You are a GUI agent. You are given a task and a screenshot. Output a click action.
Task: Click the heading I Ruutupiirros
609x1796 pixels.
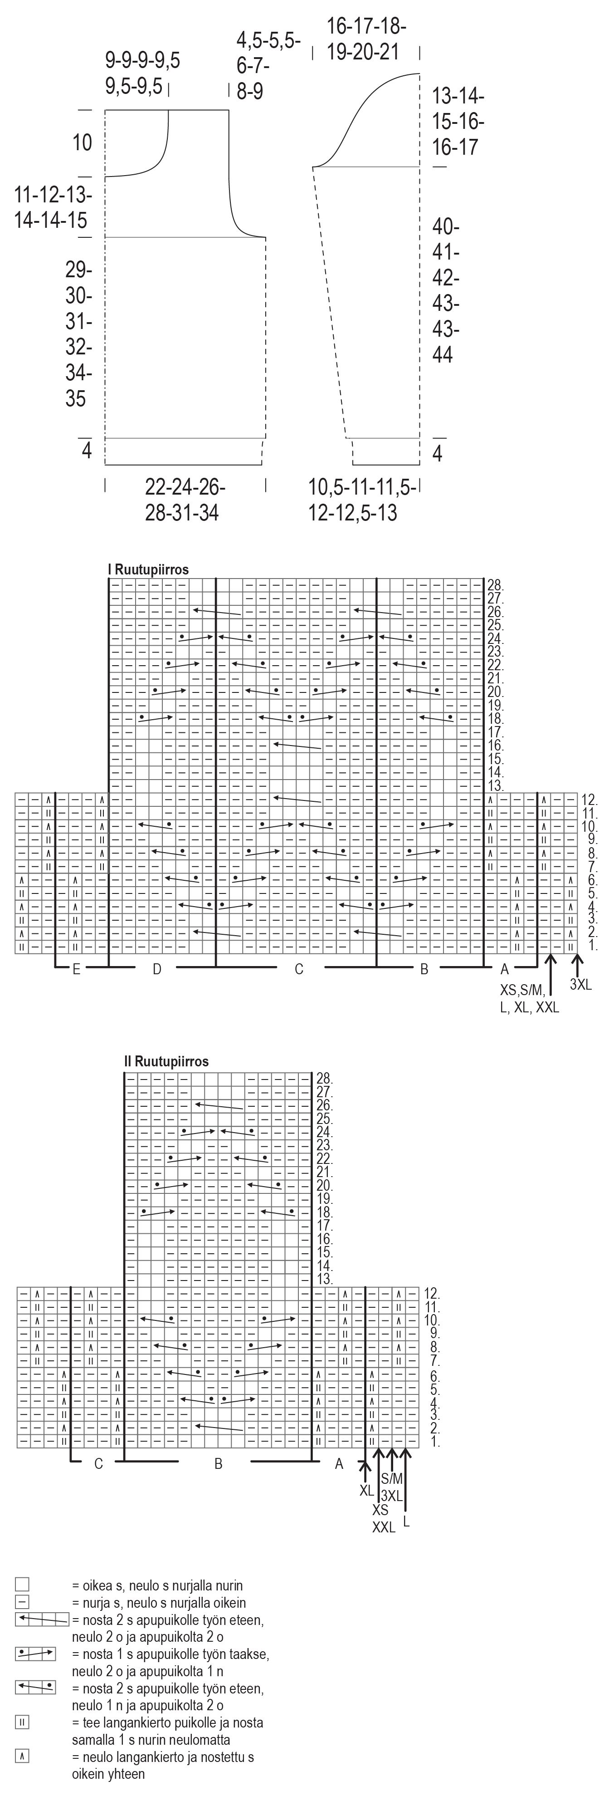(x=148, y=569)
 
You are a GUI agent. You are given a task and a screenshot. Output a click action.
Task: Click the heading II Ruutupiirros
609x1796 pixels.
(x=166, y=1061)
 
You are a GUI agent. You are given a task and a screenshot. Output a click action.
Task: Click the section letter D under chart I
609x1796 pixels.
(x=157, y=969)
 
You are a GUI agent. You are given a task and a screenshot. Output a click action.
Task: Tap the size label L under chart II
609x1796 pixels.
(x=406, y=1521)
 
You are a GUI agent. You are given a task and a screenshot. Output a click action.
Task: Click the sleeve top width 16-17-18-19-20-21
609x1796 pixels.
(x=366, y=39)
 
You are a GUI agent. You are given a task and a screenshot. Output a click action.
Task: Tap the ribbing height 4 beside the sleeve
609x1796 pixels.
(x=438, y=454)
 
